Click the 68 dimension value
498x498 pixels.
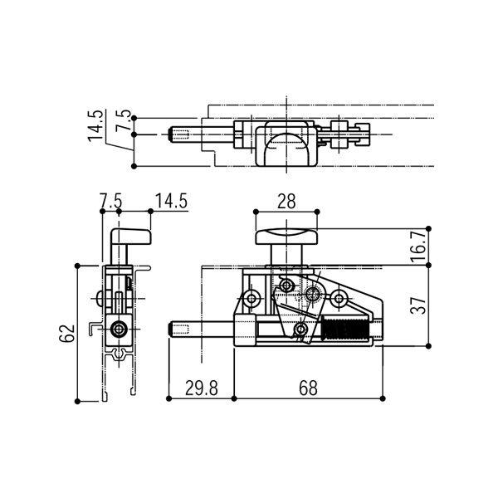click(x=308, y=388)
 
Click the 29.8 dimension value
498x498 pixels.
click(x=202, y=388)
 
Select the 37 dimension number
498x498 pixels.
click(x=417, y=305)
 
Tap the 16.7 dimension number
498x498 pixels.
click(x=417, y=247)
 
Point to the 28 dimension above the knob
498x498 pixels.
click(x=286, y=202)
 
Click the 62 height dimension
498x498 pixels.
click(x=66, y=333)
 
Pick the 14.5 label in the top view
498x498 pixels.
click(x=95, y=125)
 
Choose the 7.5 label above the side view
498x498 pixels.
click(x=110, y=201)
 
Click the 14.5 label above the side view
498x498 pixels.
click(x=171, y=201)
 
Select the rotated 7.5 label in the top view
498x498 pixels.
click(x=123, y=120)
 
